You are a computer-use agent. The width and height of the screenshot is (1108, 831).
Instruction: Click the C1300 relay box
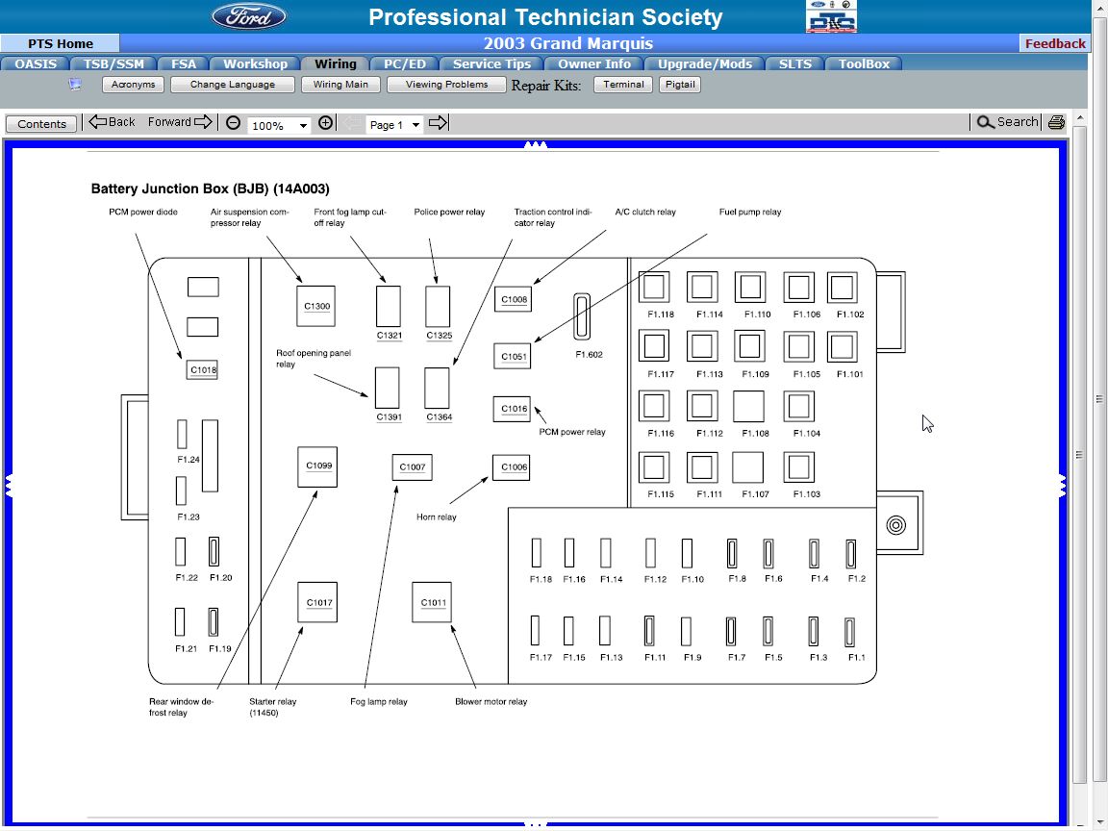[316, 306]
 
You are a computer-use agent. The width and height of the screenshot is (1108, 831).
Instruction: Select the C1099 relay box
[317, 466]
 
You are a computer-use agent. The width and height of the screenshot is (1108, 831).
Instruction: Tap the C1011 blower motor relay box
[432, 602]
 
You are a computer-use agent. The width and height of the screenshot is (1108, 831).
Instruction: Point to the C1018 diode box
[202, 369]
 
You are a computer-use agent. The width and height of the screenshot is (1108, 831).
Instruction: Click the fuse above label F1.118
[654, 288]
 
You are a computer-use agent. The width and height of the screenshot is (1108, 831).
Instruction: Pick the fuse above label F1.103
[799, 467]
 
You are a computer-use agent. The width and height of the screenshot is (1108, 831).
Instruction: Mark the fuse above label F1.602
[581, 316]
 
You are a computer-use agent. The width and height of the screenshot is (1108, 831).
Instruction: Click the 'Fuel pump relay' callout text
[750, 213]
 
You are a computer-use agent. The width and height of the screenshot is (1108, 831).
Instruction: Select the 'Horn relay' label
[437, 517]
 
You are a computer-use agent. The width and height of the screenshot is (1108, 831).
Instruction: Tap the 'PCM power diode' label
[142, 213]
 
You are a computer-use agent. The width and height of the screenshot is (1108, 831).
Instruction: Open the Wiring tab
[336, 64]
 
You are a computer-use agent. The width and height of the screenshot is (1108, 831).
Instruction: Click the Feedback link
[1055, 43]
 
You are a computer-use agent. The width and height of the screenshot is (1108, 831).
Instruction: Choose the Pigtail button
[679, 85]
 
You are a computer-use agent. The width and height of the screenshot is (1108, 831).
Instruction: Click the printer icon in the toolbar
[1057, 122]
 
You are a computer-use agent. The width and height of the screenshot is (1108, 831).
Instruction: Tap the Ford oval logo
[249, 16]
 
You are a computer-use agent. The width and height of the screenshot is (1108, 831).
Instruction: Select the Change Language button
[232, 85]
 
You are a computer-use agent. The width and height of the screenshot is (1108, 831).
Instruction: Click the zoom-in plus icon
[326, 123]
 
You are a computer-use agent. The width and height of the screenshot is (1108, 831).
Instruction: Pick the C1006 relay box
[512, 467]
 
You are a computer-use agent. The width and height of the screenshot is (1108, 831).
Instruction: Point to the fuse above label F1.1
[850, 631]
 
